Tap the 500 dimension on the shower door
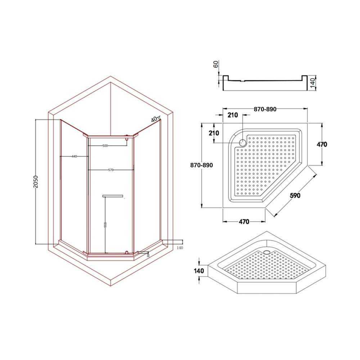(105, 146)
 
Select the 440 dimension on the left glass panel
(74, 156)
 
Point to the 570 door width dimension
(111, 170)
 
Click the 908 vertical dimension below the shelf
(105, 225)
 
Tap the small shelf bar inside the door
(113, 196)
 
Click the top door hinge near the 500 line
(127, 137)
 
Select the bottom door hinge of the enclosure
(126, 252)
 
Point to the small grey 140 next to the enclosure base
(180, 248)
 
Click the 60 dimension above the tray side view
(216, 64)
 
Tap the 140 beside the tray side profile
(312, 83)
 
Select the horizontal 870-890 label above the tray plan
(265, 109)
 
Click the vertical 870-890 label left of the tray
(202, 165)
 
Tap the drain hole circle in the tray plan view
(243, 143)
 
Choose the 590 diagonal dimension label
(295, 195)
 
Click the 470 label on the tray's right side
(321, 144)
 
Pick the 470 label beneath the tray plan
(244, 222)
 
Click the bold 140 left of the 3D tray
(199, 271)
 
